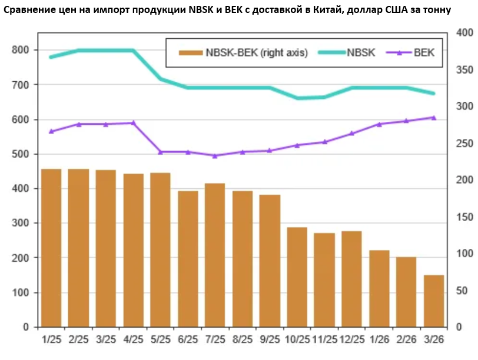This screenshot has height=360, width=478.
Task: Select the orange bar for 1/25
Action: click(51, 248)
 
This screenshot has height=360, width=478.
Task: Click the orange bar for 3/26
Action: click(434, 301)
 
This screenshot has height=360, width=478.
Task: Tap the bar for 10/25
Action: click(297, 276)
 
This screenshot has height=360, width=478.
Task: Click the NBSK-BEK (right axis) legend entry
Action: click(244, 53)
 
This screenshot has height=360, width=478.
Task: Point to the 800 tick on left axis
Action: click(21, 50)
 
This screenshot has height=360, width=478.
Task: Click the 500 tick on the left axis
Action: click(21, 154)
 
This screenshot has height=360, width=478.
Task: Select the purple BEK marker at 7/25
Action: click(215, 156)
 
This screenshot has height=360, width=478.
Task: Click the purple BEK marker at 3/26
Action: click(434, 118)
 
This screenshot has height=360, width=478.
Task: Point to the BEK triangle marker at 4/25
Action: click(133, 123)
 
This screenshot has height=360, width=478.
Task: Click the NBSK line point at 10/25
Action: click(297, 98)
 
